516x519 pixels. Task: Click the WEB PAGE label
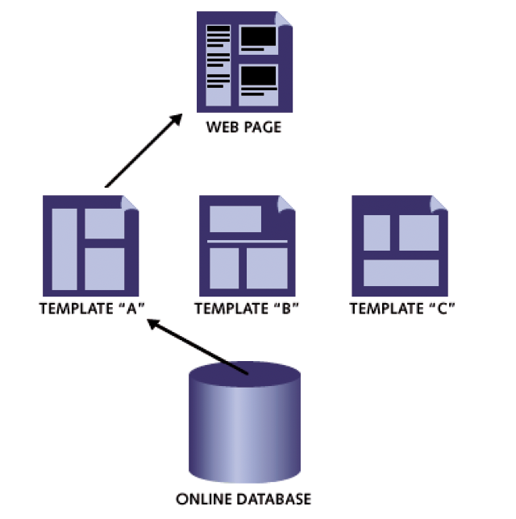(x=243, y=127)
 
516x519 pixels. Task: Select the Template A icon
(x=89, y=245)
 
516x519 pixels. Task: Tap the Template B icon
(x=245, y=245)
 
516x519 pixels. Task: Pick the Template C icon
(x=399, y=245)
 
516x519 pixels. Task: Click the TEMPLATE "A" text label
(x=91, y=309)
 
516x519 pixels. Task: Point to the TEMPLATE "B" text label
(x=247, y=309)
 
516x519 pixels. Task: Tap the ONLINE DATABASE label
(x=243, y=499)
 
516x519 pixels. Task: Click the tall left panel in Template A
(x=64, y=248)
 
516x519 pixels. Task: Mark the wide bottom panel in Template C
(x=401, y=272)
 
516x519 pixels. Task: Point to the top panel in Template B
(x=235, y=218)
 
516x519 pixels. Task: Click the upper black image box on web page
(x=259, y=36)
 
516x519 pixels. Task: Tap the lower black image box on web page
(x=259, y=77)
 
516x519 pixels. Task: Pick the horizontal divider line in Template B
(x=247, y=241)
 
